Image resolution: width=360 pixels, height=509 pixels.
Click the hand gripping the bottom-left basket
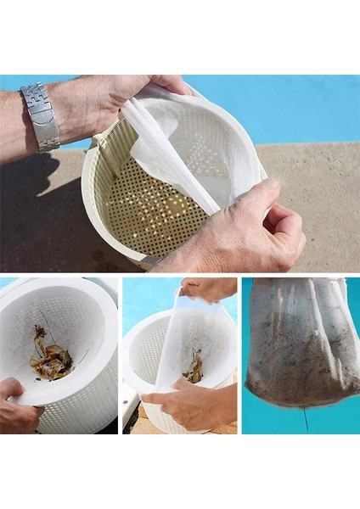click(x=17, y=407)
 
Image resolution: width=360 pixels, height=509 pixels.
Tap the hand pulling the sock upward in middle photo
click(x=208, y=288)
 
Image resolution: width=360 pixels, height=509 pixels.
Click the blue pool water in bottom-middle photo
click(x=144, y=305)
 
